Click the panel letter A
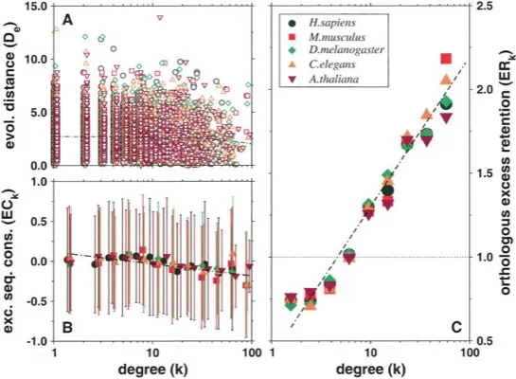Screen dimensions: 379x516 pos(66,19)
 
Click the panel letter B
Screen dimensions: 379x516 pos(66,328)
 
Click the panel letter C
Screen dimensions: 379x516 pos(456,328)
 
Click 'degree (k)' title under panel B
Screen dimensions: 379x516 pos(151,368)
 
